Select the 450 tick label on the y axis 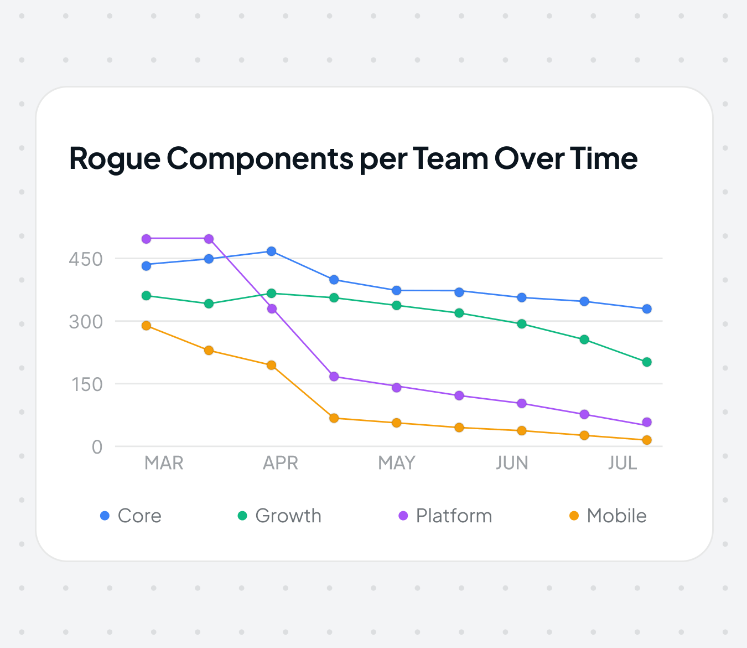[x=86, y=259]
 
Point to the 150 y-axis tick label [x=86, y=384]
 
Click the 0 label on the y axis [x=97, y=447]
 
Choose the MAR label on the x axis [x=164, y=463]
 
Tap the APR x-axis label [x=281, y=463]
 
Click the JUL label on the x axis [x=622, y=463]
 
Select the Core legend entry [x=131, y=516]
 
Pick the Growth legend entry [x=279, y=516]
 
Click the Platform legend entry [x=445, y=516]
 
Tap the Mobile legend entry [x=608, y=516]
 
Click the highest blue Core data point [x=271, y=251]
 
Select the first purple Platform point [x=146, y=239]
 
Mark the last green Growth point [x=647, y=362]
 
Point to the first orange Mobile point [x=146, y=326]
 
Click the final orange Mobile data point [x=647, y=440]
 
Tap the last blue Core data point [x=647, y=309]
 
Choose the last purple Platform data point [x=647, y=423]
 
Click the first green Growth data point [x=146, y=296]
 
